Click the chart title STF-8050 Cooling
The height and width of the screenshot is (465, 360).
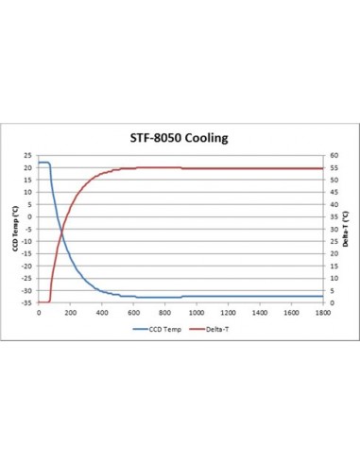[180, 138]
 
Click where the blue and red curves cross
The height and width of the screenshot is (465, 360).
[60, 229]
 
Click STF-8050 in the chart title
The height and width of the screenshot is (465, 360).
[154, 138]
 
